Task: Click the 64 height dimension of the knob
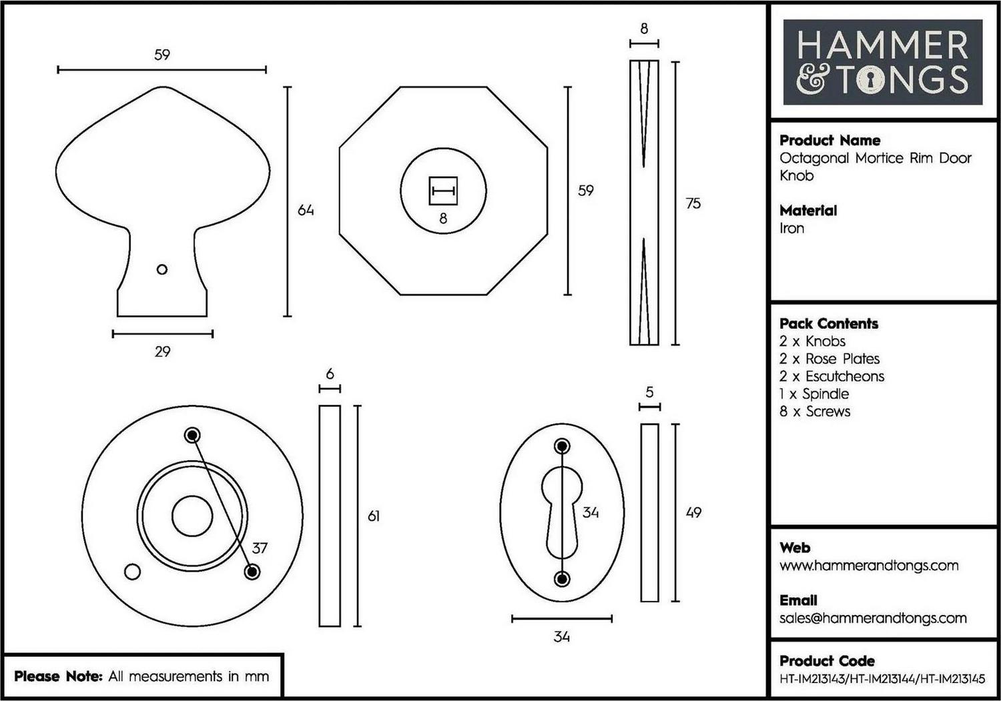tap(306, 210)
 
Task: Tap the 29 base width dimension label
tap(163, 352)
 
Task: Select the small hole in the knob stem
tap(162, 269)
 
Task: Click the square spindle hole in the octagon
tap(443, 191)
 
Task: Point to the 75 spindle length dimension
tap(693, 203)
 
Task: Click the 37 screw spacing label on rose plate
tap(260, 548)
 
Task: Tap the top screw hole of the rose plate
tap(193, 435)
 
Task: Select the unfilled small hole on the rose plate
tap(132, 572)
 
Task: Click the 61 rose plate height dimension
tap(374, 516)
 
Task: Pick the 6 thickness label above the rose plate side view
tap(330, 374)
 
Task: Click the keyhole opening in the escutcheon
tap(562, 512)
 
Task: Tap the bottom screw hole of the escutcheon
tap(562, 579)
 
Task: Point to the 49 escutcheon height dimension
tap(693, 512)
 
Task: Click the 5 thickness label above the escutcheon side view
tap(649, 392)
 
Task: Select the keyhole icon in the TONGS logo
tap(870, 80)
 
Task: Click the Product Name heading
tap(830, 140)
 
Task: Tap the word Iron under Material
tap(792, 228)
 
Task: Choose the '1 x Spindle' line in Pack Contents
tap(814, 394)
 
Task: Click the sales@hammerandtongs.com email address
tap(873, 618)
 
